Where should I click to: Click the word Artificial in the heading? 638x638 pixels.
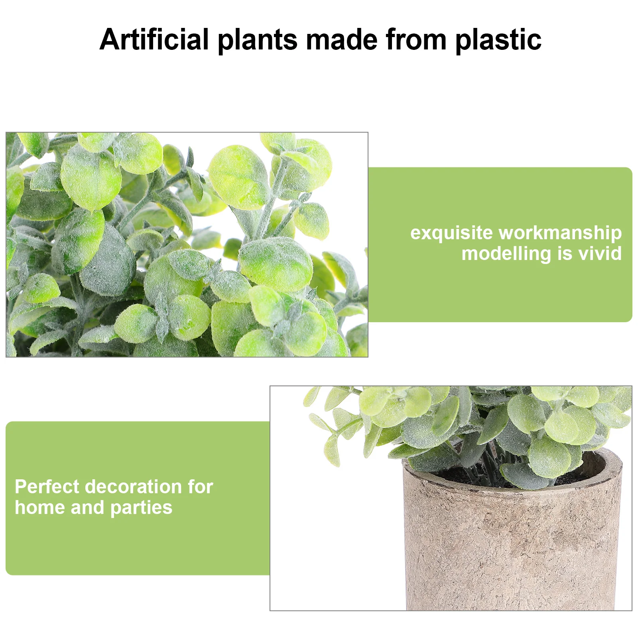coord(154,39)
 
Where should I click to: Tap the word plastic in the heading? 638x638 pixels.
coord(498,40)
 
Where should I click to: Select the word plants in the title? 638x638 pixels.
coord(258,40)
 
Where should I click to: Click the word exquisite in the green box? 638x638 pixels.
coord(451,233)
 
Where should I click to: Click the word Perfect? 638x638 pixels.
coord(47,487)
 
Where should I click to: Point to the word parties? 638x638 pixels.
coord(141,508)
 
